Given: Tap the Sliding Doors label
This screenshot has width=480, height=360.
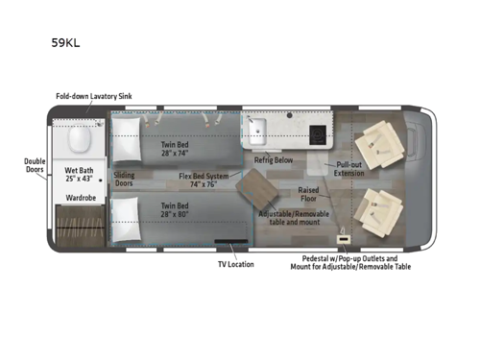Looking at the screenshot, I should (125, 180).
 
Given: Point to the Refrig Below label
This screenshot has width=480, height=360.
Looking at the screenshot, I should (276, 161).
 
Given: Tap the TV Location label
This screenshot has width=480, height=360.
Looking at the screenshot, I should (235, 263).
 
